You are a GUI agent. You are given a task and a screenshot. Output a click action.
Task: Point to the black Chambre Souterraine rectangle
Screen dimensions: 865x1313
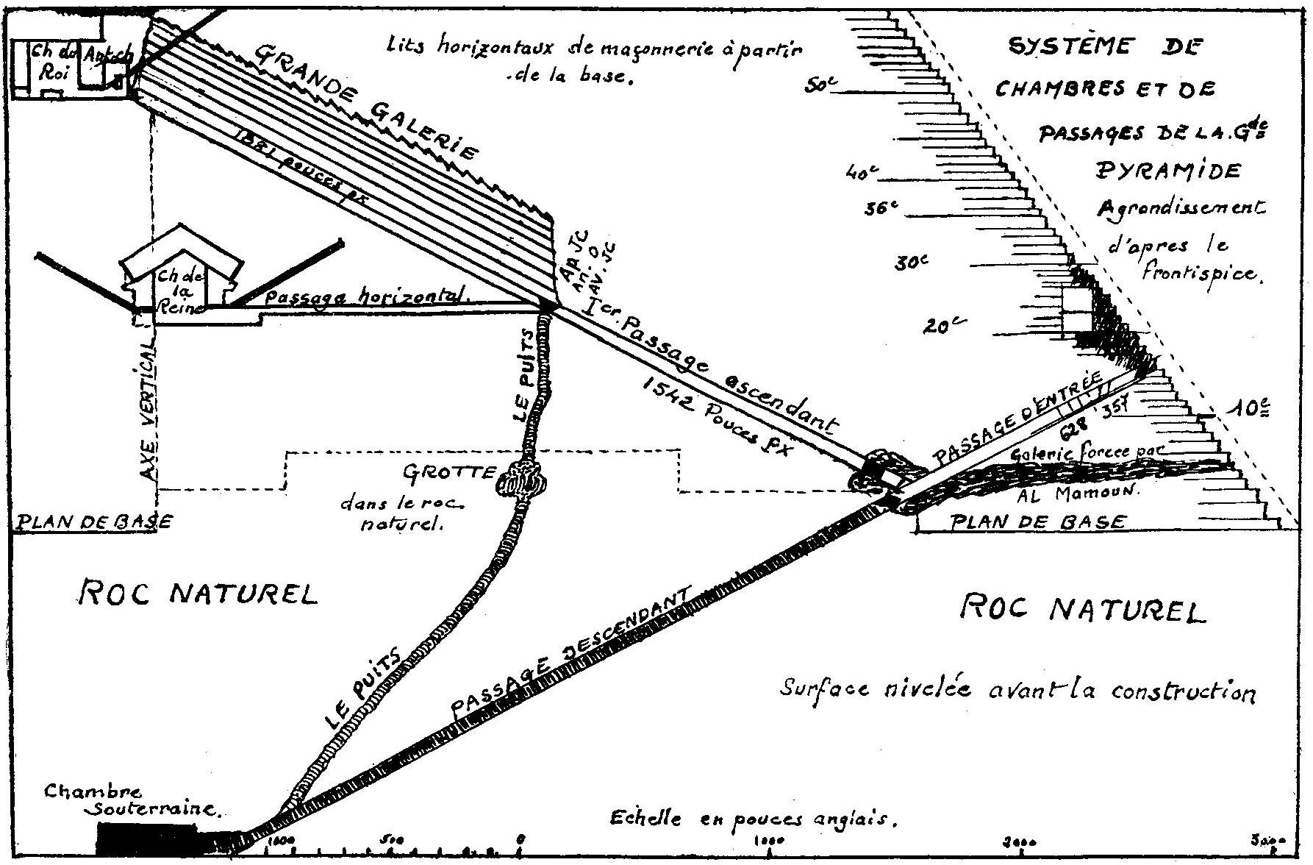[x=147, y=839]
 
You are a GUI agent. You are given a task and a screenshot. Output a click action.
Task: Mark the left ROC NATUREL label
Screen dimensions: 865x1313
[x=198, y=593]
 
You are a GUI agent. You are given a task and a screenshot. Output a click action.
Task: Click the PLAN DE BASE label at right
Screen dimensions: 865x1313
[x=1038, y=522]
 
